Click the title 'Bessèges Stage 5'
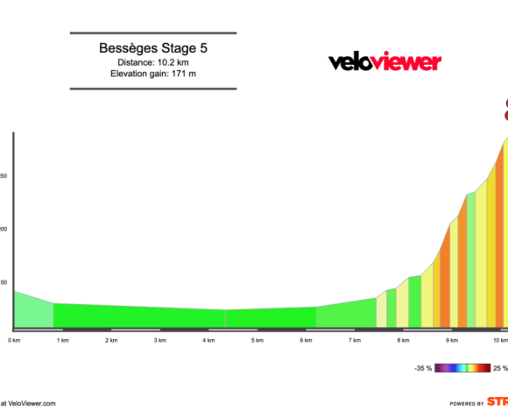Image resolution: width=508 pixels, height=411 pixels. (153, 48)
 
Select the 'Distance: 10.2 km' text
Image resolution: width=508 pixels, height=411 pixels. (153, 62)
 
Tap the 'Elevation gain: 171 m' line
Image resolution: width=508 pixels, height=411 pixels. (153, 74)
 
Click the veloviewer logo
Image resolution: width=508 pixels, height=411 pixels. (385, 61)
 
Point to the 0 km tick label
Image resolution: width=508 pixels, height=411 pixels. (14, 339)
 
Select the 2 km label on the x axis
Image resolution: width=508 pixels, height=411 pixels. (111, 339)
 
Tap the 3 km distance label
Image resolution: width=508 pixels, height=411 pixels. (160, 339)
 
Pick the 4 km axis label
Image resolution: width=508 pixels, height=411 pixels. (208, 339)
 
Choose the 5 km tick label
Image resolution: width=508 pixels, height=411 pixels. (258, 339)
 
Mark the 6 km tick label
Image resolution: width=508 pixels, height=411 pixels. (306, 339)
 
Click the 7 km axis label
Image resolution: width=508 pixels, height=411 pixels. (355, 339)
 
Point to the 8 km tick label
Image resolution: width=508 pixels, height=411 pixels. (403, 339)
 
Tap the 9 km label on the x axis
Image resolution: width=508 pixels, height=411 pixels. (452, 339)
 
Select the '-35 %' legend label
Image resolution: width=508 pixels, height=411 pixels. (424, 369)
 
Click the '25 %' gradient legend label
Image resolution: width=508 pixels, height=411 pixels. (499, 369)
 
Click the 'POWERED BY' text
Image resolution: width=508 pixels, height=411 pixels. (467, 404)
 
